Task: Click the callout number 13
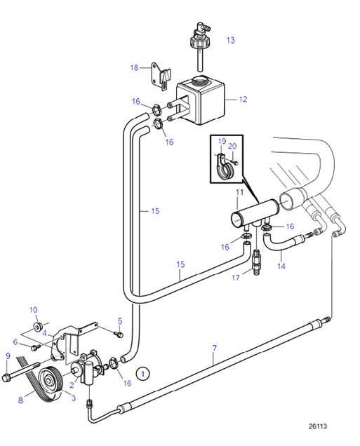[230, 41]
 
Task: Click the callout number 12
[243, 100]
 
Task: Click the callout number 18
[134, 67]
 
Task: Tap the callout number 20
[232, 147]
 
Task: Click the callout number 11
[239, 191]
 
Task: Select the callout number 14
[281, 266]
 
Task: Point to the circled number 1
[143, 373]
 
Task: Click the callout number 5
[119, 320]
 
